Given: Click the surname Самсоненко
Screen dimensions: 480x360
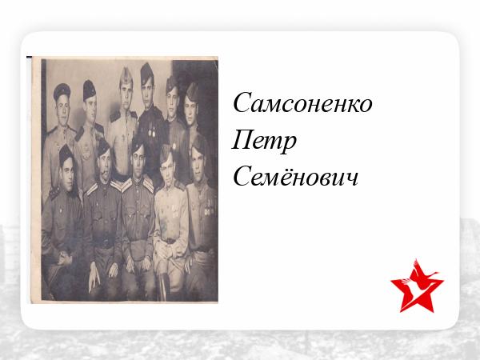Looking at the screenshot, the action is (302, 102).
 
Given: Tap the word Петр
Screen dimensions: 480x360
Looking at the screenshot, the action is (264, 141).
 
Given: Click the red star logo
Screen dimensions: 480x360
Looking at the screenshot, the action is (417, 286).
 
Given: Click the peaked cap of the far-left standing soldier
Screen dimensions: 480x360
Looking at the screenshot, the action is (62, 90).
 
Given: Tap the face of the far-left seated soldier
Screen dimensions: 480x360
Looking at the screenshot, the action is (67, 174).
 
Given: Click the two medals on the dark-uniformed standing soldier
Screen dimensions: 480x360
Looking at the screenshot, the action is (151, 133).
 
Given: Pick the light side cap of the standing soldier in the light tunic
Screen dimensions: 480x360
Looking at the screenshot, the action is (126, 77).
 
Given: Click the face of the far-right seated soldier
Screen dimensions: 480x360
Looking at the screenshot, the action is (199, 166).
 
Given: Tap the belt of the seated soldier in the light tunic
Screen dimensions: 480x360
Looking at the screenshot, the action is (170, 241).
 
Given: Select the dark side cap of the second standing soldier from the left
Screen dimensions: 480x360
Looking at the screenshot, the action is (89, 90).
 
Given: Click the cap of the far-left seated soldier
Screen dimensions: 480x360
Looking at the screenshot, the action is (66, 154).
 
